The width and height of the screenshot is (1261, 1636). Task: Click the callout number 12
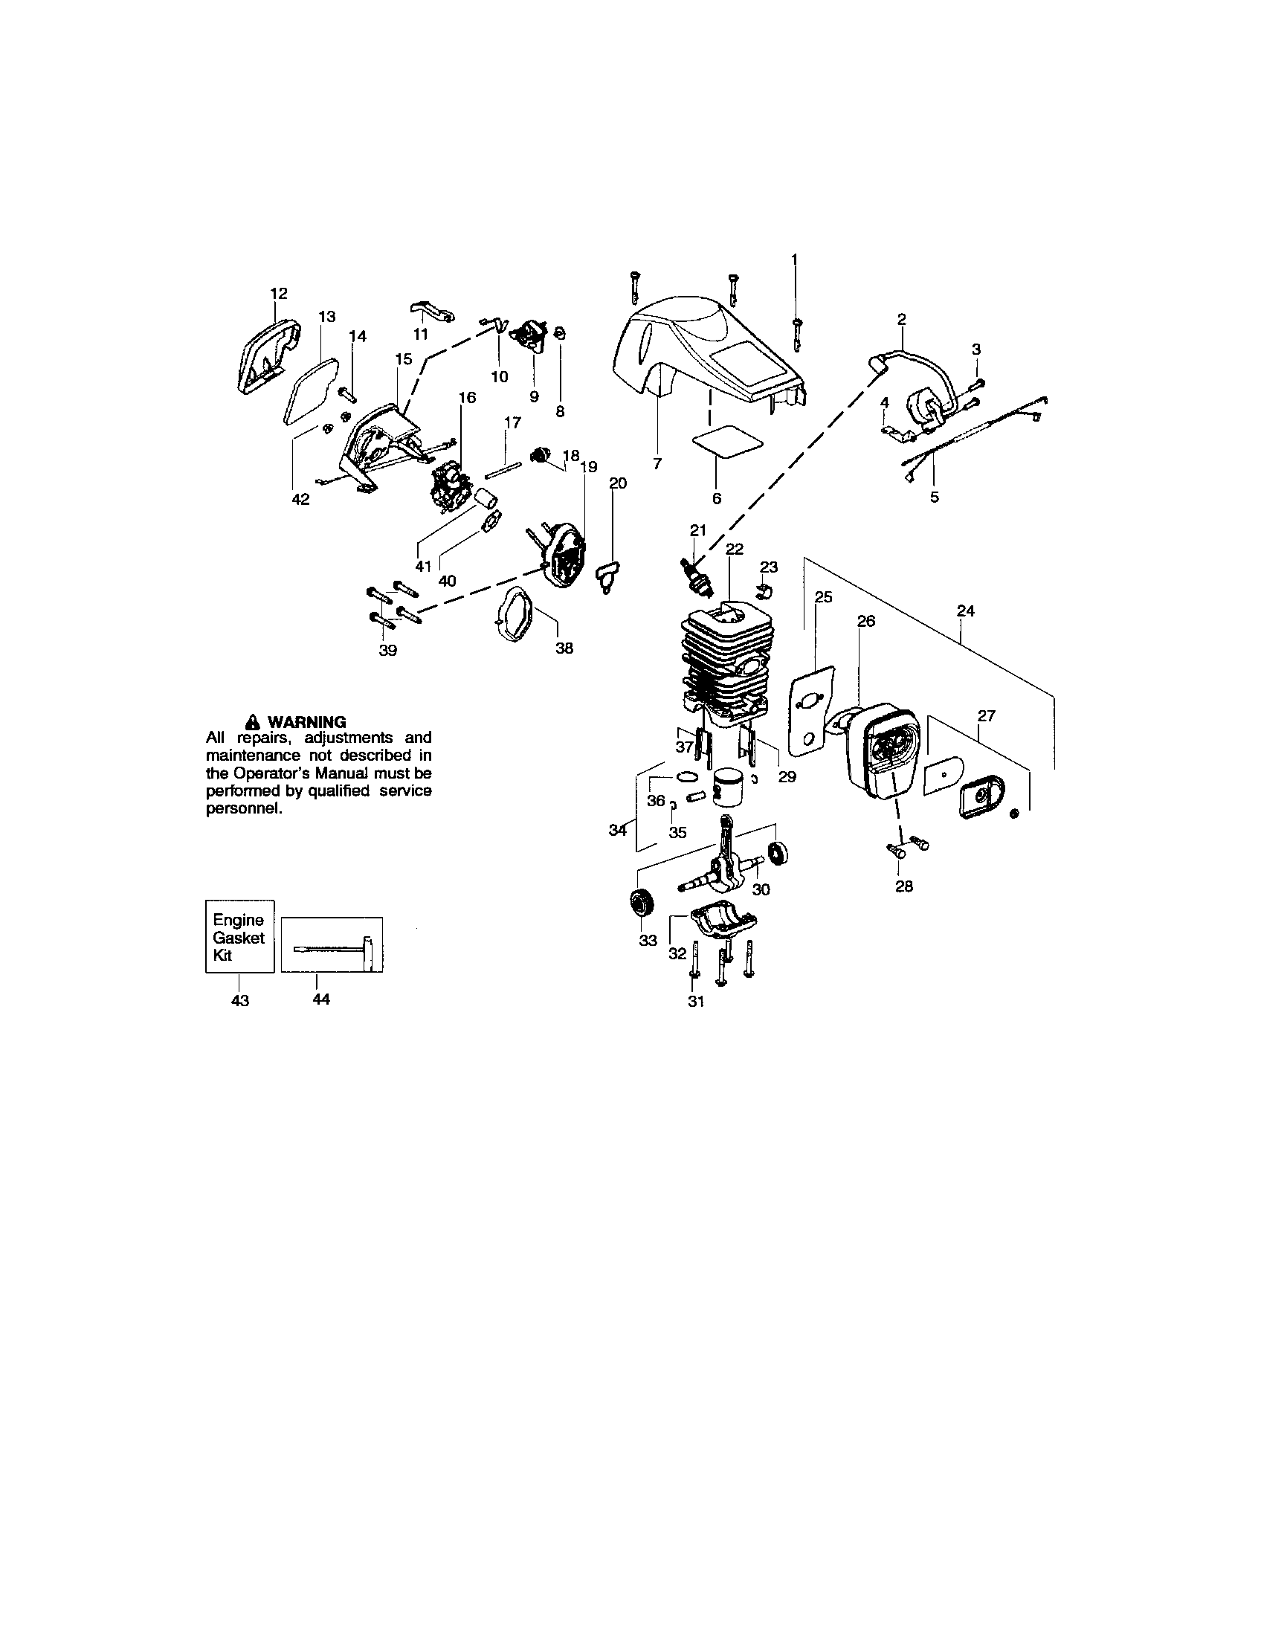(279, 294)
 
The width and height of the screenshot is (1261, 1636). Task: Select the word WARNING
(306, 722)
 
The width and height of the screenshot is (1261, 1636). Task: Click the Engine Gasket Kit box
(239, 936)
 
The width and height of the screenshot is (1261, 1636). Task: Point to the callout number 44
(320, 999)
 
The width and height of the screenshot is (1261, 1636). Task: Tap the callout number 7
(657, 465)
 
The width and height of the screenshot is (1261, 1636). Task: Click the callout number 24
(966, 611)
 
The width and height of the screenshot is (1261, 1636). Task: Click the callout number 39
(387, 650)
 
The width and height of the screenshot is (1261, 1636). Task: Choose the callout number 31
(697, 1002)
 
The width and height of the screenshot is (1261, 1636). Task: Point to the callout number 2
(902, 319)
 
